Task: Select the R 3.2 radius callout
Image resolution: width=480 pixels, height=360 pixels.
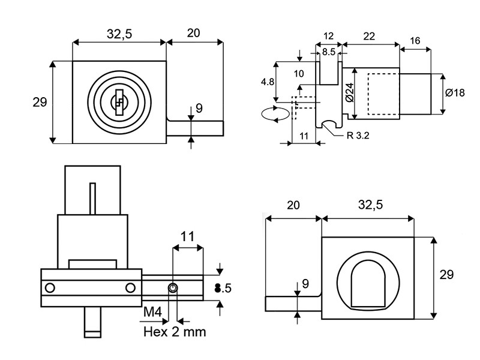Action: point(358,136)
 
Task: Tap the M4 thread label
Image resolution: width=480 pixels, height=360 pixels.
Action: point(153,312)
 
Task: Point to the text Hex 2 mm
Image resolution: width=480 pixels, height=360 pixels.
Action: point(175,331)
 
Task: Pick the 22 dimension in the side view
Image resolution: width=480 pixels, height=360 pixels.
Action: point(369,37)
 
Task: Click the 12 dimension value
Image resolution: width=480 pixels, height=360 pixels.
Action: point(328,37)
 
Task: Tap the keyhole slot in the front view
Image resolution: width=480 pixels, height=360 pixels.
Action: point(119,102)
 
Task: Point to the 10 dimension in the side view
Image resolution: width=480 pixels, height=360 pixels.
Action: point(300,73)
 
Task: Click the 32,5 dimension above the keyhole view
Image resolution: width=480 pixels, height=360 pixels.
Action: point(119,34)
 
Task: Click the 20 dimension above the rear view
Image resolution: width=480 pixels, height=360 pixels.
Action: point(293,205)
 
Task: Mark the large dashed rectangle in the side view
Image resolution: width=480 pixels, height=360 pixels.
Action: point(382,94)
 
